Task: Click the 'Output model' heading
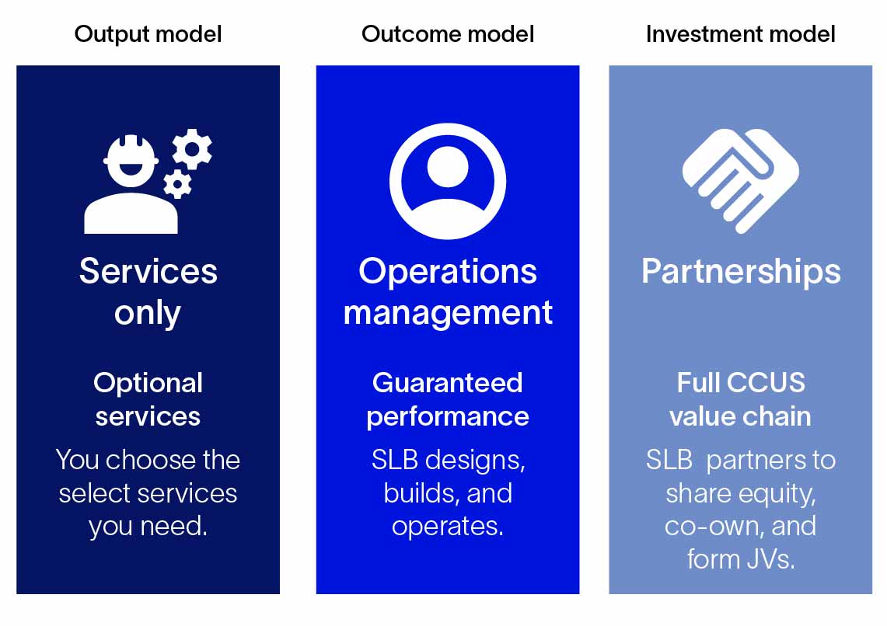coord(148,34)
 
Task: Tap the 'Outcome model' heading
coord(448,34)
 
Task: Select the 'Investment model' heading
coord(740,34)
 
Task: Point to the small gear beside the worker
coord(177,183)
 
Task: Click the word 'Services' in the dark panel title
coord(148,271)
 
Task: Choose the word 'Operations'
coord(448,271)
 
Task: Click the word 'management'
coord(448,312)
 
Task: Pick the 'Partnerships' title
coord(740,271)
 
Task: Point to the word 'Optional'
coord(148,383)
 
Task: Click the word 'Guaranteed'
coord(448,383)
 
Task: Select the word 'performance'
coord(448,416)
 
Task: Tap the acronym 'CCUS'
coord(767,383)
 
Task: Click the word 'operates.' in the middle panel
coord(448,526)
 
